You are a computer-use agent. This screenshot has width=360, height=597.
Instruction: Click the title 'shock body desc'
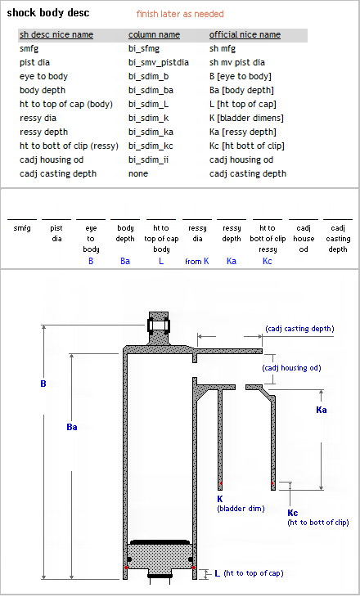coord(48,12)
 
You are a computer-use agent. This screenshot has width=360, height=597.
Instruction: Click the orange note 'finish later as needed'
coord(180,14)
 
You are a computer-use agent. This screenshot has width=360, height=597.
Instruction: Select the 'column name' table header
coord(154,34)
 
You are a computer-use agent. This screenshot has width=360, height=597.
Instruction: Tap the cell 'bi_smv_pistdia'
coord(159,62)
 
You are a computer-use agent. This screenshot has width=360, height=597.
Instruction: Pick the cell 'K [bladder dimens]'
coord(246,118)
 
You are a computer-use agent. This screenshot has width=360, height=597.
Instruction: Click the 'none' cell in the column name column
coord(138,173)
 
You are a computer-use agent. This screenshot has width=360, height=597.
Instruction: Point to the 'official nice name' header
coord(245,34)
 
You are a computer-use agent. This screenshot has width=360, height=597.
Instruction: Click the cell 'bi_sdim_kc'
coord(151,146)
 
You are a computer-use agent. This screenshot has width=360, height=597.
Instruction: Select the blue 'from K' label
coord(197,261)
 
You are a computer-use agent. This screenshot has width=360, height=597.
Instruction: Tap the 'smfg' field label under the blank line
coord(22,228)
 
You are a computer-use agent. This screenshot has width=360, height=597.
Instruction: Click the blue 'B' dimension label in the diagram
coord(43,384)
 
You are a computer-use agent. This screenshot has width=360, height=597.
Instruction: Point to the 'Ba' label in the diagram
coord(72,427)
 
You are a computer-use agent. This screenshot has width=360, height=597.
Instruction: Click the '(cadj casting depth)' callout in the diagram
coord(299,329)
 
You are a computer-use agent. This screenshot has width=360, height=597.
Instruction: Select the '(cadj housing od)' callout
coord(291,368)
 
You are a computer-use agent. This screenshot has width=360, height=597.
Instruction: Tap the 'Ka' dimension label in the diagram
coord(322,410)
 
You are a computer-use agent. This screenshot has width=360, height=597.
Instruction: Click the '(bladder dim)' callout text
coord(241,509)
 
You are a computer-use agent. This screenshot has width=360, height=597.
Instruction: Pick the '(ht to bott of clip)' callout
coord(318,523)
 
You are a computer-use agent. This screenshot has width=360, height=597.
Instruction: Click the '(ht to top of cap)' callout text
coord(254,573)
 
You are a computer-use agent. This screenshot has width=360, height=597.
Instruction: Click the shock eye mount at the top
coord(159,326)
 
